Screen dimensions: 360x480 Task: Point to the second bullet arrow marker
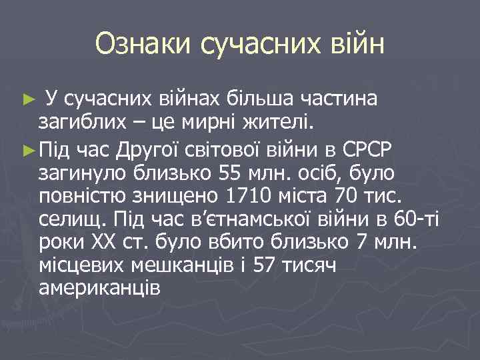[27, 147]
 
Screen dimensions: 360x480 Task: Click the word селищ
[73, 220]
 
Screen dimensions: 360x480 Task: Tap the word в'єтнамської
[253, 220]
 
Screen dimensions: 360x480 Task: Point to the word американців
[99, 292]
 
